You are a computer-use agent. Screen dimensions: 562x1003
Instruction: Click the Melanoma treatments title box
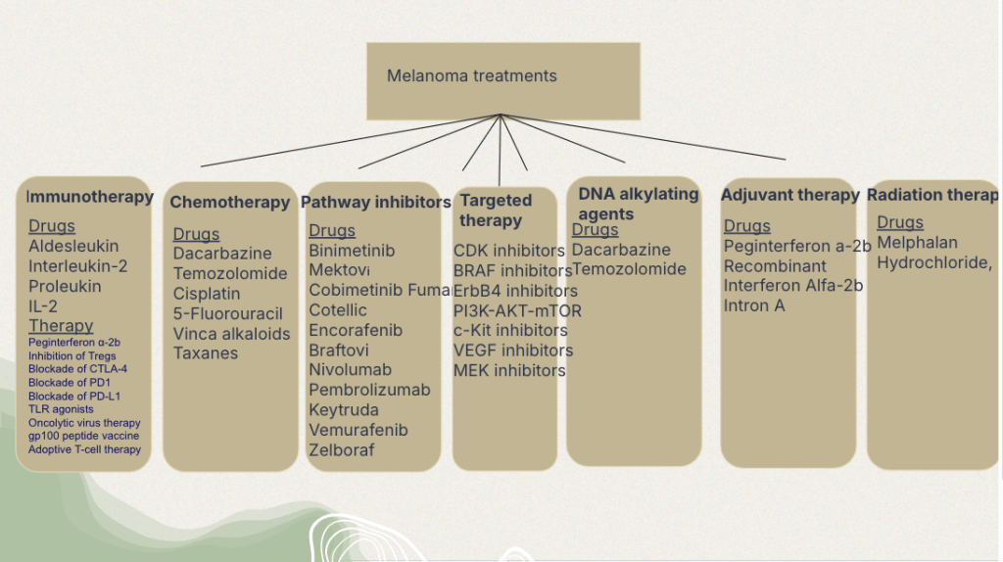pos(502,80)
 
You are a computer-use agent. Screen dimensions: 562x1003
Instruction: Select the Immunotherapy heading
pos(90,197)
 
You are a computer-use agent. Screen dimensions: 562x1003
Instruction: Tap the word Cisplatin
pos(207,294)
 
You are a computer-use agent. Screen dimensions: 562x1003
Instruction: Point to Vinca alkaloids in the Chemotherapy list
pos(231,334)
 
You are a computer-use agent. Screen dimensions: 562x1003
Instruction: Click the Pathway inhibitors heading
pos(375,203)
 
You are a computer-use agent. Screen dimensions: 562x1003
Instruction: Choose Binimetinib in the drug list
pos(352,251)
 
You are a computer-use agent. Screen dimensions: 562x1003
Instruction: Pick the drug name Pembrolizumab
pos(369,390)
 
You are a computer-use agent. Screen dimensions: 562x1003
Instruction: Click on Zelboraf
pos(341,450)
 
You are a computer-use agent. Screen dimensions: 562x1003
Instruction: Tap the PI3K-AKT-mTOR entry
pos(517,310)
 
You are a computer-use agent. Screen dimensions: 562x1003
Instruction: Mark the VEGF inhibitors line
pos(513,351)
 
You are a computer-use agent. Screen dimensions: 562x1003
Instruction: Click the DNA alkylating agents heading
pos(638,204)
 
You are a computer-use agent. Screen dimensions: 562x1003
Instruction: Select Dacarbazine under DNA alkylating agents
pos(621,250)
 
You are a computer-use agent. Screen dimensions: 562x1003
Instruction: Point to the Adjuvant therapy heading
pos(789,195)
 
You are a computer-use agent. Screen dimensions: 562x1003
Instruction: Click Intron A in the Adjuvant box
pos(754,305)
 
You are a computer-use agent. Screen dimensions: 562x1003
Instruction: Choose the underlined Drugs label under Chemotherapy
pos(196,234)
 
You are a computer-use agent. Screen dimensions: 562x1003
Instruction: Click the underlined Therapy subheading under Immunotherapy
pos(61,326)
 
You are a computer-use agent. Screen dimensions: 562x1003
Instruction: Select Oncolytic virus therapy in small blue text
pos(84,423)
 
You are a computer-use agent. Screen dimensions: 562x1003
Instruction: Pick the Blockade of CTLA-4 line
pos(77,369)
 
